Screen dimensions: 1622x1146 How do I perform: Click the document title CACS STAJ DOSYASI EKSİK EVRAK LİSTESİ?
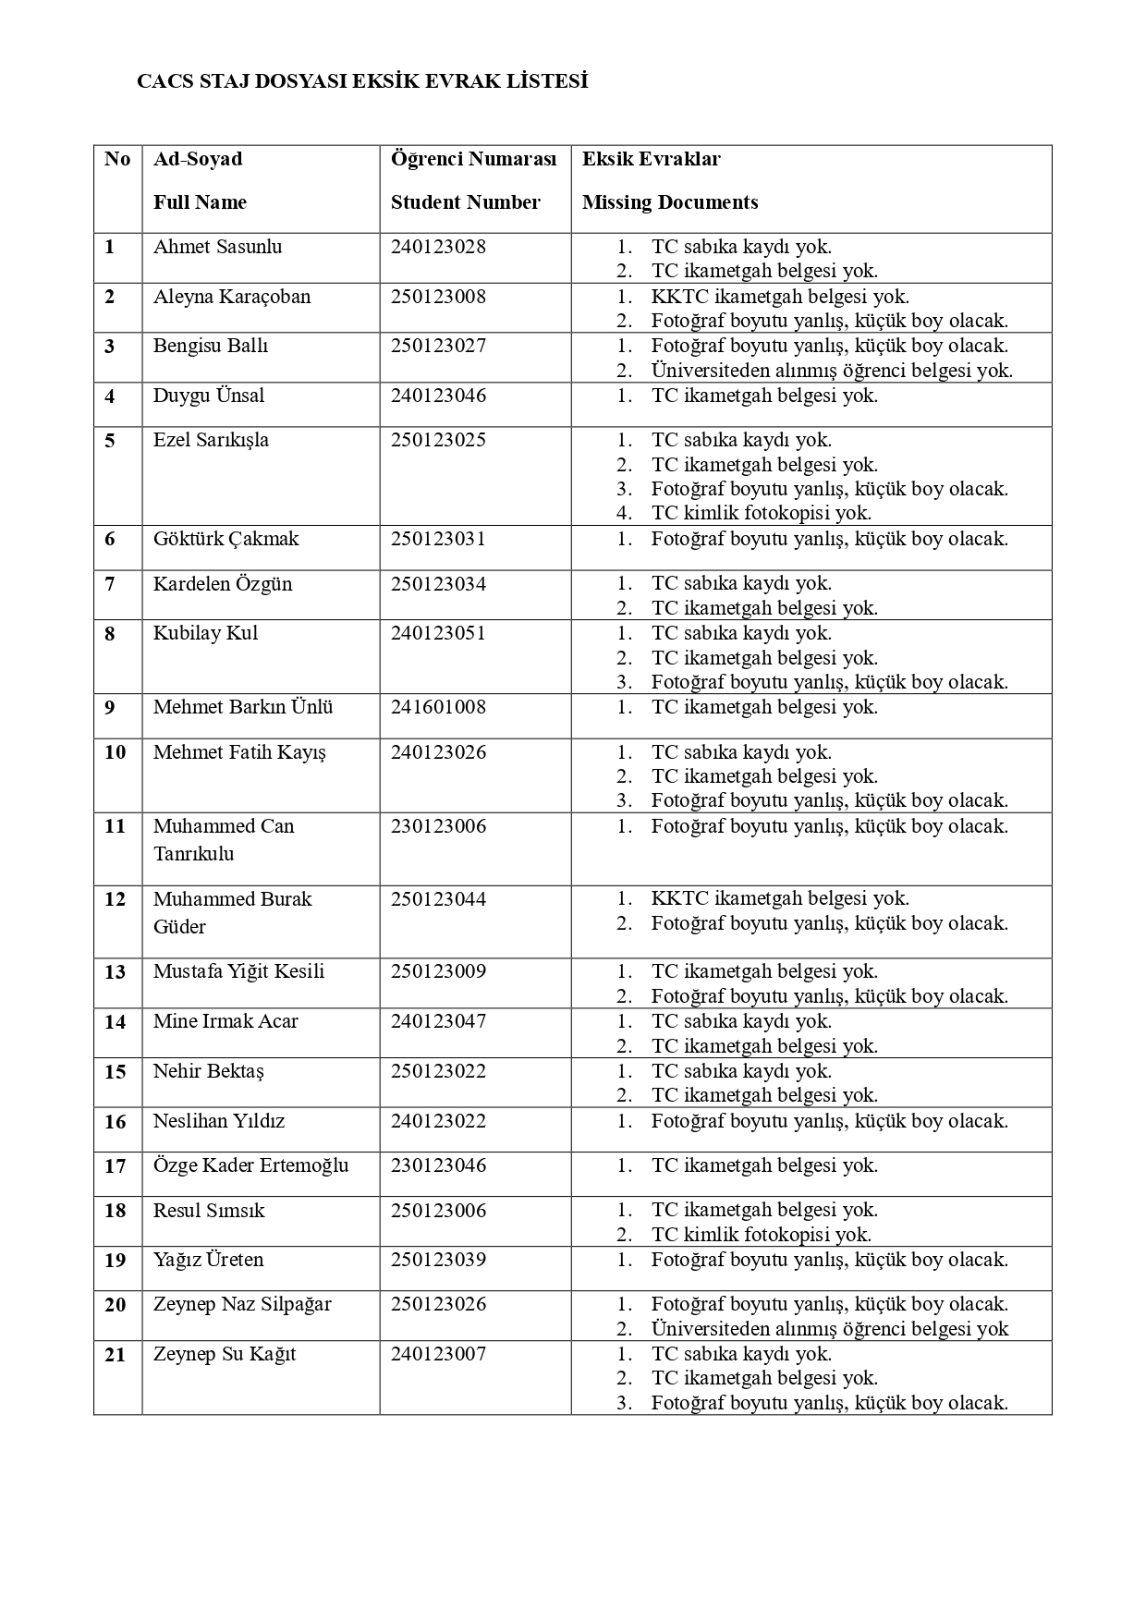point(362,81)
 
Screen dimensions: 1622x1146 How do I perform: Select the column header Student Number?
point(465,202)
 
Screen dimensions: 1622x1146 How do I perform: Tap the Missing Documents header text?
point(670,202)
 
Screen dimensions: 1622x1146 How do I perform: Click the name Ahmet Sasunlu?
point(217,247)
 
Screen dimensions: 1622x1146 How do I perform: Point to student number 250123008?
point(438,297)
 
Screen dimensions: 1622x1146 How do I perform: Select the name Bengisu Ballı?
point(211,346)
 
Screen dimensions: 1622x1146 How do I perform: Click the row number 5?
point(110,441)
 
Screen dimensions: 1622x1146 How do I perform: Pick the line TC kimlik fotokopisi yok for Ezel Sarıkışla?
point(761,513)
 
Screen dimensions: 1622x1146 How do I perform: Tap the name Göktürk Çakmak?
point(226,539)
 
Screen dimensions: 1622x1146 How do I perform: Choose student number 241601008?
point(438,707)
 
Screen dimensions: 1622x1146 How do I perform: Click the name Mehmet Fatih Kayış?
point(239,752)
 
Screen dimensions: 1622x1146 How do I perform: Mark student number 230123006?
point(438,826)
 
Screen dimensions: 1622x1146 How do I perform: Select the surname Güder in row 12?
point(179,926)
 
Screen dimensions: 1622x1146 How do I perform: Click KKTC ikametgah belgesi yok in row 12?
point(779,898)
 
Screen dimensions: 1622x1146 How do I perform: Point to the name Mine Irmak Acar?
point(226,1021)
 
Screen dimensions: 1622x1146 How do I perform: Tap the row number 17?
point(115,1166)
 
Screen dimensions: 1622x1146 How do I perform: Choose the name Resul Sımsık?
point(209,1211)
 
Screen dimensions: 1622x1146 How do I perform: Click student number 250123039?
point(438,1260)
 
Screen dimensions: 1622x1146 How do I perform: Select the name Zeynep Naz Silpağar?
point(242,1304)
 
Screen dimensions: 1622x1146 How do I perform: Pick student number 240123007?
point(438,1354)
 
